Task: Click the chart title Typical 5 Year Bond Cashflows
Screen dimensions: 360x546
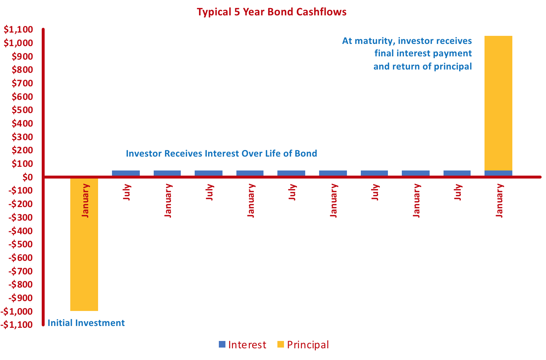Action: [272, 12]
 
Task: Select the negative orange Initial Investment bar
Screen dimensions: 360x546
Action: [84, 263]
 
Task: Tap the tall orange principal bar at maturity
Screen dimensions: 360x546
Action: [498, 102]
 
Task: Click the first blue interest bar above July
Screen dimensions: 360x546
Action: [126, 173]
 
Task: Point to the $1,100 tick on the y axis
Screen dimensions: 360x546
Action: [18, 30]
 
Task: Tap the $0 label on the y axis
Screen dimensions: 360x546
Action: [27, 177]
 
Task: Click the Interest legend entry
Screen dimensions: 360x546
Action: [243, 345]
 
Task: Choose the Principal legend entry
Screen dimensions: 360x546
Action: [303, 345]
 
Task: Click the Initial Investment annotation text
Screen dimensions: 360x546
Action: [86, 323]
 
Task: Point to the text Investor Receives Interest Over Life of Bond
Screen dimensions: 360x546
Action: [221, 154]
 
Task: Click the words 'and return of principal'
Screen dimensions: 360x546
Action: [422, 67]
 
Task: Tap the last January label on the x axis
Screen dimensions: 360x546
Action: [499, 201]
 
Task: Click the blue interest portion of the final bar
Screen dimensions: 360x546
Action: [498, 173]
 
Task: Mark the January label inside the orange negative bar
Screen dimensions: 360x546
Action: [85, 201]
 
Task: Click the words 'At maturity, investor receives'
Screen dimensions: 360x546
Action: [407, 41]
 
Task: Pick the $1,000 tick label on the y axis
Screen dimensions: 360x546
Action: [18, 43]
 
